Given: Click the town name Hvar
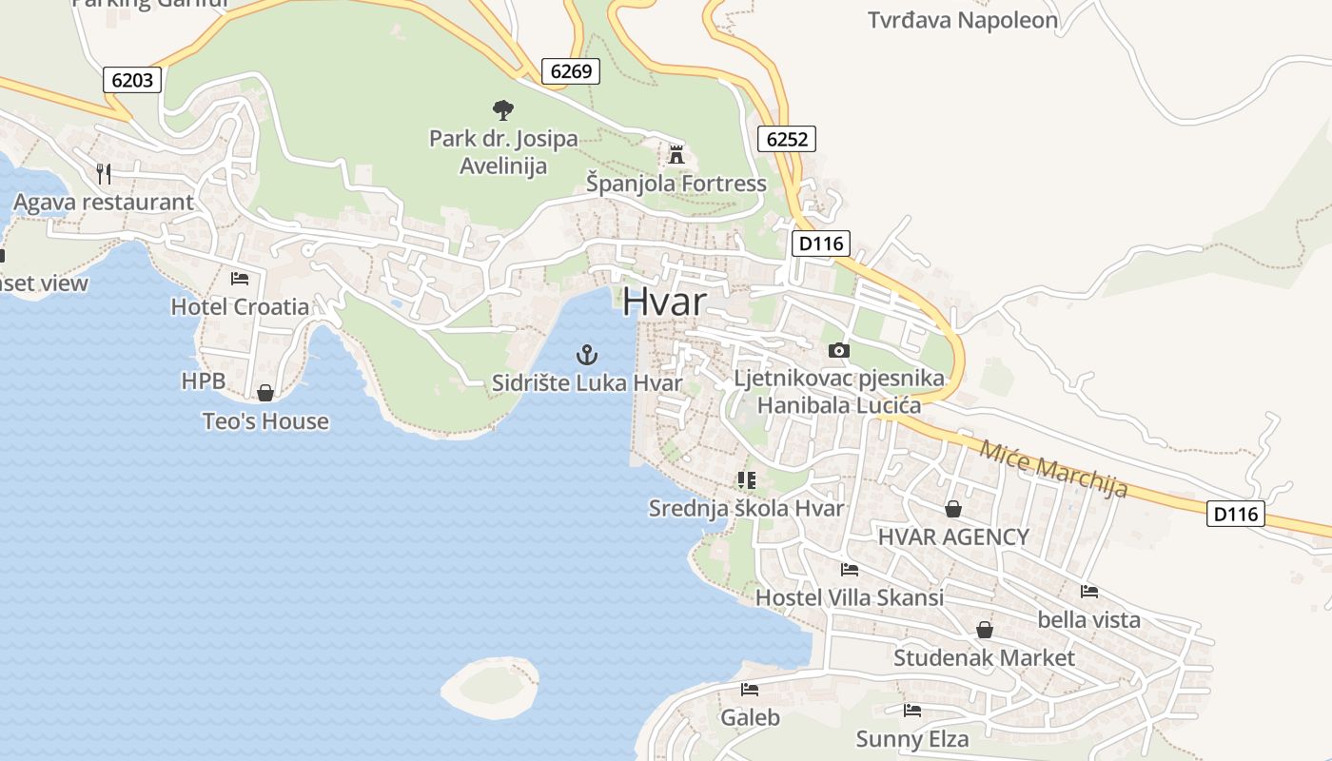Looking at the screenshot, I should point(665,302).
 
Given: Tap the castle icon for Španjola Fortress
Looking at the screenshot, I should point(676,154).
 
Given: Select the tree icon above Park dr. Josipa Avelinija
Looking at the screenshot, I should point(502,110).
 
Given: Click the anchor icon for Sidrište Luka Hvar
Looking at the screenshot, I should point(587,356).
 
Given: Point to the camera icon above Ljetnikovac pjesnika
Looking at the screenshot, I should point(838,350).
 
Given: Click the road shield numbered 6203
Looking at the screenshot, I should point(131,80).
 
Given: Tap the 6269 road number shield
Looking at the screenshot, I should point(571,70).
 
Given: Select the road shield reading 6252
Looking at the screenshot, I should point(787,140).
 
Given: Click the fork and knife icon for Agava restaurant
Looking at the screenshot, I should point(104,173).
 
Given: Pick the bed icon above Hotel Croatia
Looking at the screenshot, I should point(240,279).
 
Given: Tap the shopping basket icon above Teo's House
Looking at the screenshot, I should point(265,393).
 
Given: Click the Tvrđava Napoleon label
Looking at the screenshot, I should point(962,20).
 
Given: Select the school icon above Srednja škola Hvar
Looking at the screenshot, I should point(746,480).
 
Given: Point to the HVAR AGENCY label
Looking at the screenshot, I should point(953,537).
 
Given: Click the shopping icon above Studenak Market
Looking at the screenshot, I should point(985,630).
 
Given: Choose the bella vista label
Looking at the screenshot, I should point(1088,620).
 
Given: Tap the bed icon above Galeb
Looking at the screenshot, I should point(750,690).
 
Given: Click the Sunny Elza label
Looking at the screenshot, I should point(911,739).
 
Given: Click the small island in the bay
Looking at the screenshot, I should point(490,687).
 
